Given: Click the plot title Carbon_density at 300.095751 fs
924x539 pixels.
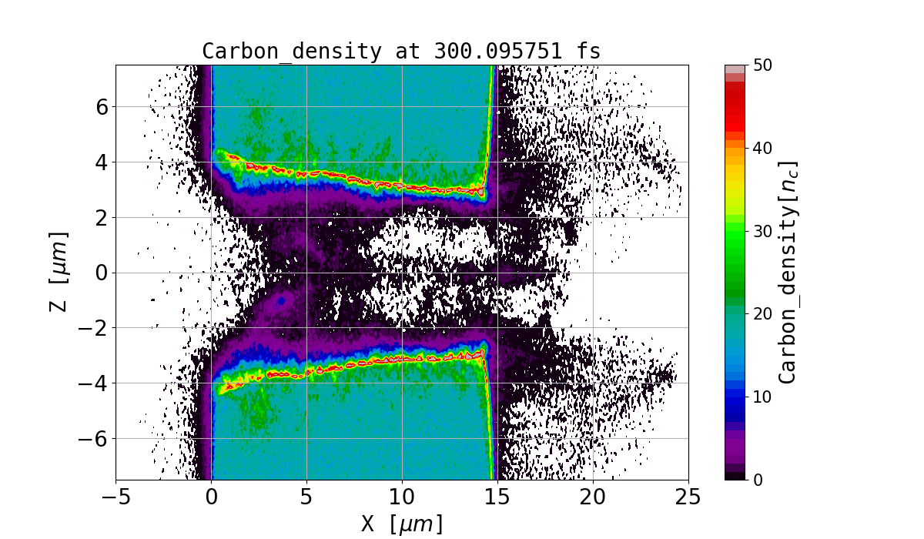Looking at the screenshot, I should [401, 51].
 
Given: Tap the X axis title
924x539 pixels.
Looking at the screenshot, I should [402, 524].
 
